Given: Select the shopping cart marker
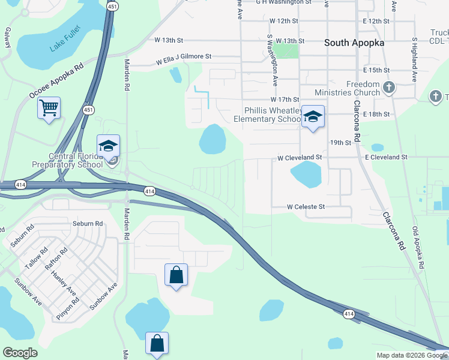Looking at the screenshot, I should tap(49, 108).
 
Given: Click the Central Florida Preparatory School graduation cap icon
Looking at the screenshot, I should tap(108, 146).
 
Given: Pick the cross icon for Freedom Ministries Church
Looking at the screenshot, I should tap(388, 88).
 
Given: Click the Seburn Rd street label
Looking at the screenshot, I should tap(88, 224).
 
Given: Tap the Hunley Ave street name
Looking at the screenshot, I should tap(64, 283).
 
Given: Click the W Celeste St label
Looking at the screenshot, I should tap(306, 207).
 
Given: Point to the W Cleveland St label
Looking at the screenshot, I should tap(300, 157).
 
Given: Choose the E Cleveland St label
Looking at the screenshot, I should tap(386, 157).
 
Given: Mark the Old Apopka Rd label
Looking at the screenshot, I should tap(418, 247).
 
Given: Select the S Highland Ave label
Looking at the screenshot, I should tap(414, 60).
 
